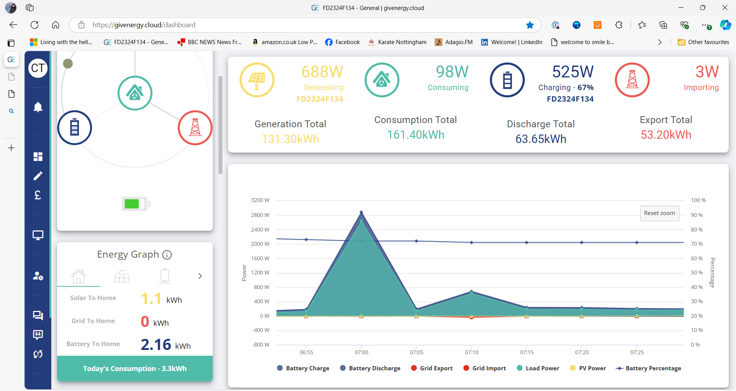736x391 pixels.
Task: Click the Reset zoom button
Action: click(659, 213)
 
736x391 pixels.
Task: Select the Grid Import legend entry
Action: click(485, 368)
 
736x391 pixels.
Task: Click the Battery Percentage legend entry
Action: click(648, 368)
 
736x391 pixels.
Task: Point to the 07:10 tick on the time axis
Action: click(472, 352)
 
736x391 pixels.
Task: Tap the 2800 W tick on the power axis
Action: click(260, 215)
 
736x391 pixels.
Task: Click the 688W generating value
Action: click(322, 72)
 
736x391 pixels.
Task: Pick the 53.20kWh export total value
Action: click(666, 135)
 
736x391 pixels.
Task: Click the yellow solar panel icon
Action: click(257, 80)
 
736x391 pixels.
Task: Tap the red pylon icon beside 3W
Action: click(632, 80)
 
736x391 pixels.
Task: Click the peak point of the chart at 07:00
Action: click(361, 212)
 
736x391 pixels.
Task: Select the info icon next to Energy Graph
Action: click(167, 255)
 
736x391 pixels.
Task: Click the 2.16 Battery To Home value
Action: click(156, 344)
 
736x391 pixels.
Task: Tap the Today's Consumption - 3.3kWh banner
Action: click(135, 368)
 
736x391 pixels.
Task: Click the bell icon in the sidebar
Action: click(38, 107)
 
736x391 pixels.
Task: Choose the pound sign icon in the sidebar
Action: click(38, 195)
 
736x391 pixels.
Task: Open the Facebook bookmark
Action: click(342, 42)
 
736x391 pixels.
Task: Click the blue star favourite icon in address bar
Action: click(530, 25)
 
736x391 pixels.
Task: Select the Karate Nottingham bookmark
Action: click(397, 42)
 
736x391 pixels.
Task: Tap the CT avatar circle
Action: click(38, 68)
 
